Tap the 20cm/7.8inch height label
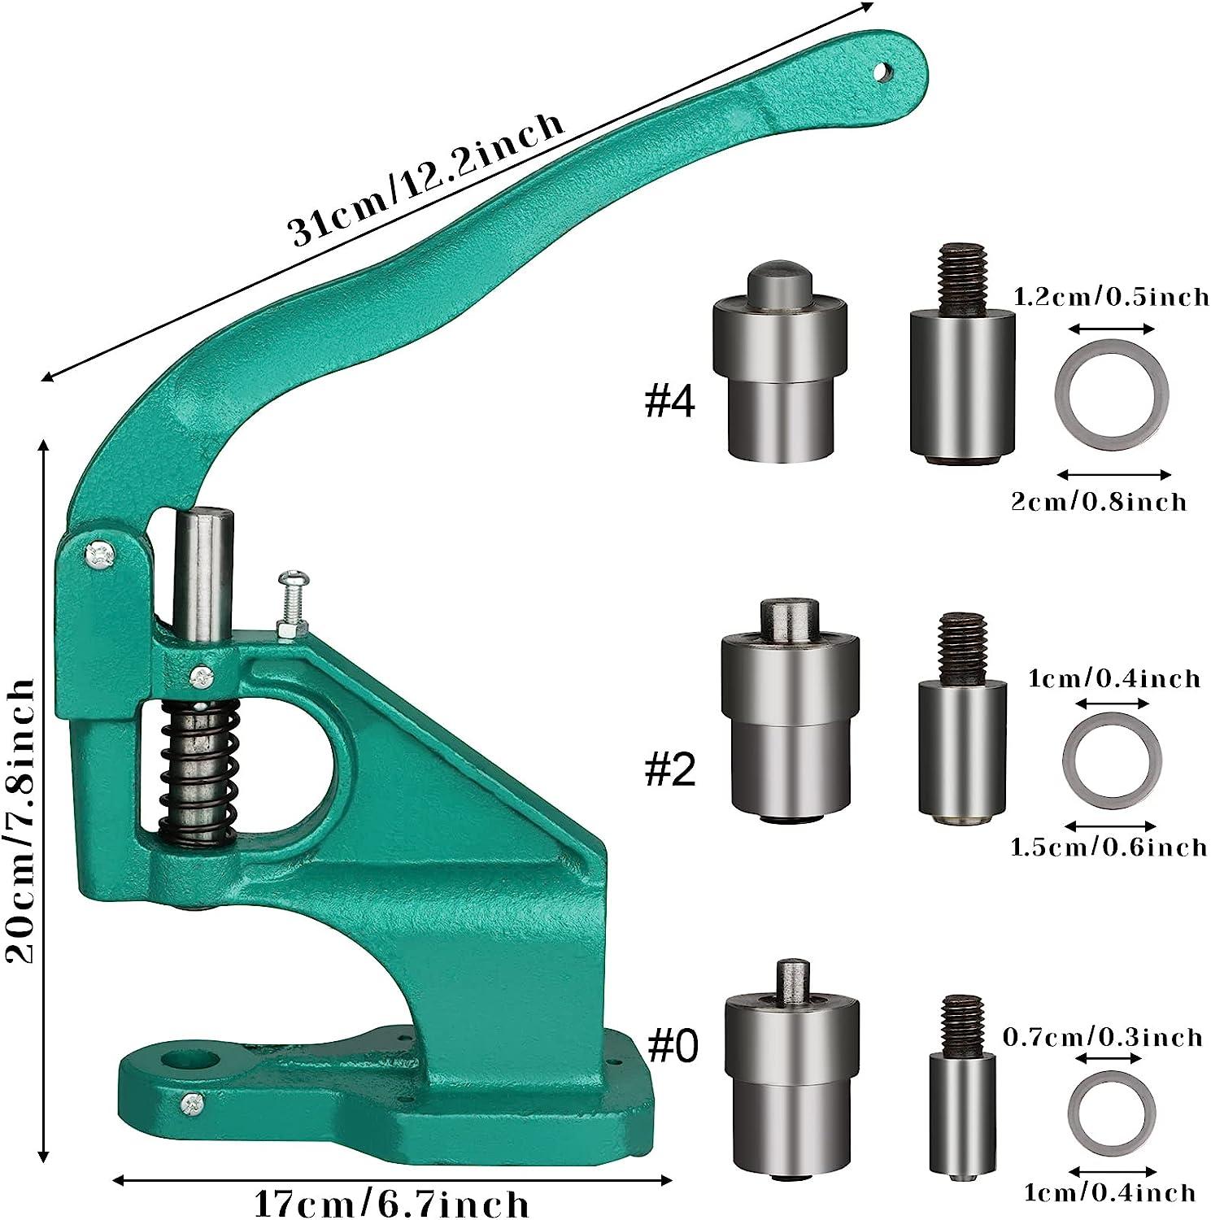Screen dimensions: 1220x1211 20,821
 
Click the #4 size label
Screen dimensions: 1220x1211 669,401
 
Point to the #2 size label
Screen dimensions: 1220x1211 670,769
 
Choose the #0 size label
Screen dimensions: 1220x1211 673,1047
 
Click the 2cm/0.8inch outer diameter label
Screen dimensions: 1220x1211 1098,501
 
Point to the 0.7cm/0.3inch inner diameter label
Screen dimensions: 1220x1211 1102,1037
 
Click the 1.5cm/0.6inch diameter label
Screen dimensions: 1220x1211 1108,847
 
